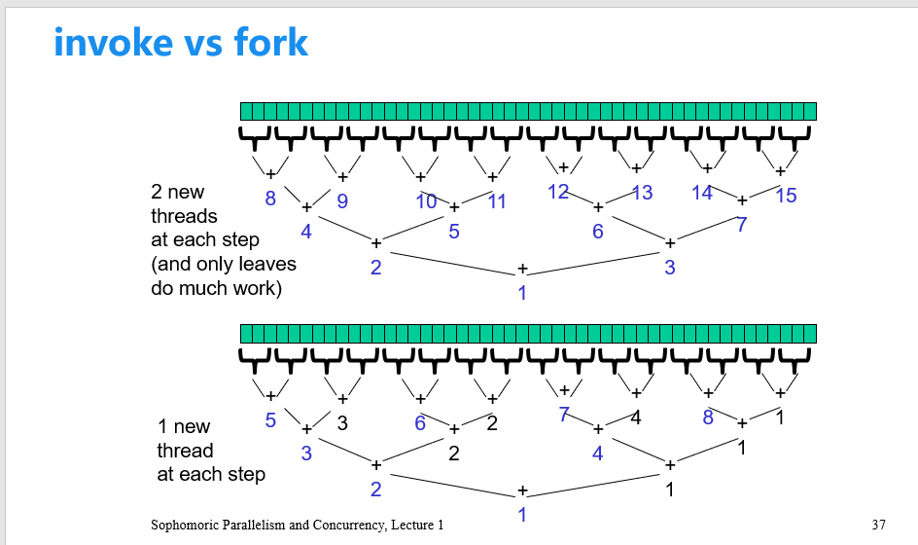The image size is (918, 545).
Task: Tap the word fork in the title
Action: [x=270, y=43]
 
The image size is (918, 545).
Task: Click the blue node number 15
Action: [x=786, y=197]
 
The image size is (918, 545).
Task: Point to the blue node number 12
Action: [x=557, y=192]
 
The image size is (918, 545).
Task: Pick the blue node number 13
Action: [x=642, y=193]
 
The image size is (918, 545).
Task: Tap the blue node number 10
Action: [x=426, y=201]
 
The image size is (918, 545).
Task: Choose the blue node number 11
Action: [x=497, y=201]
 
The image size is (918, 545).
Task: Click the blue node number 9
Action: [x=342, y=201]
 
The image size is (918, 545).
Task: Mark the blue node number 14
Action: [x=702, y=193]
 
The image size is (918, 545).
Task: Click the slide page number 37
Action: [x=879, y=526]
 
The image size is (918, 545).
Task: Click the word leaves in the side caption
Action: [x=265, y=264]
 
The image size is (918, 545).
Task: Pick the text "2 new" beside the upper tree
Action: [x=178, y=192]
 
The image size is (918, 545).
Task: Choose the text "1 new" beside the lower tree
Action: [x=184, y=426]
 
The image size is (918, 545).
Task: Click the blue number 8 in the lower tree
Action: [x=708, y=418]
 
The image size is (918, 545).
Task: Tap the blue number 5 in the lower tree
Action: [x=270, y=420]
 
